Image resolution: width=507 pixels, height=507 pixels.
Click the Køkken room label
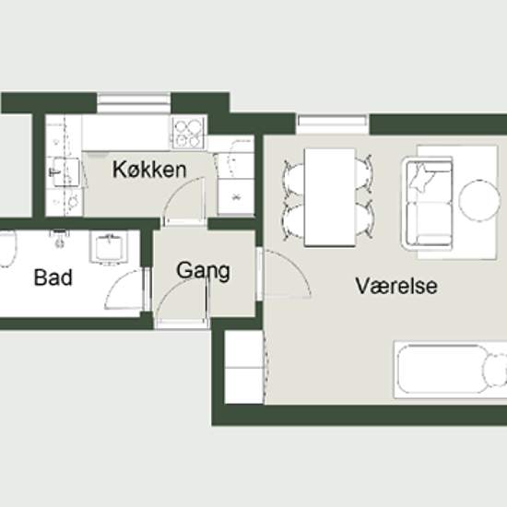pos(149,170)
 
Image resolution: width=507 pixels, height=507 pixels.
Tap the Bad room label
pos(53,277)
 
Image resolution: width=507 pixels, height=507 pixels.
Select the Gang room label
pos(204,271)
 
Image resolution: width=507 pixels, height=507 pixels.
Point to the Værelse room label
pos(396,286)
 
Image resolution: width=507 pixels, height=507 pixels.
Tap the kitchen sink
pos(66,172)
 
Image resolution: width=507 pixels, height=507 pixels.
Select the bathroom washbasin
pos(109,247)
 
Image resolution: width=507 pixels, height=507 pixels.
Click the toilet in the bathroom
pos(6,248)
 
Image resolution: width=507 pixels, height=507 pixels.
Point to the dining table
pos(330,197)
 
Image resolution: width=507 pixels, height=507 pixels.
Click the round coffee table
pos(478,200)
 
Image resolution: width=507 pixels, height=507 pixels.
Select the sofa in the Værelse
pos(427,204)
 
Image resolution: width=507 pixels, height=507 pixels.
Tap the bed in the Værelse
pos(451,371)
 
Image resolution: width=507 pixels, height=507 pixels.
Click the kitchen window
pos(134,103)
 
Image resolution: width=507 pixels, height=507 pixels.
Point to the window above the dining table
pos(333,124)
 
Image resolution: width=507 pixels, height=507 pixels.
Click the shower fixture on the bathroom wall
pos(60,237)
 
